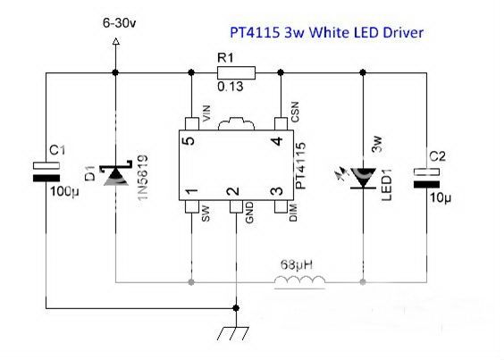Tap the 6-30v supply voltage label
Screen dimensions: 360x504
[118, 19]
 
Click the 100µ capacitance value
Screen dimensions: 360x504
[63, 191]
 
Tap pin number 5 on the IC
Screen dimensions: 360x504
[188, 140]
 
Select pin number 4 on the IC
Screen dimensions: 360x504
[279, 140]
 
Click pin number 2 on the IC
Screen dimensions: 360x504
[232, 190]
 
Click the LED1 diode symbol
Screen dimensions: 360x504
[362, 177]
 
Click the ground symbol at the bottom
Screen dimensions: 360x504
[235, 333]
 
